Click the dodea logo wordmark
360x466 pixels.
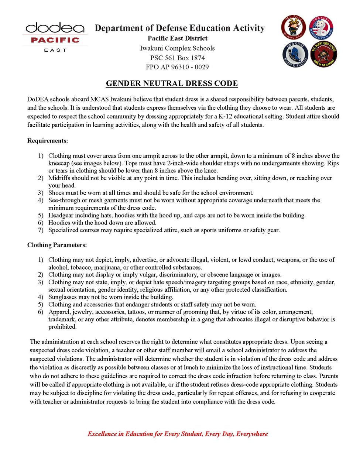pyautogui.click(x=55, y=28)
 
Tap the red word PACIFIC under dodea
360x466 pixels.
pyautogui.click(x=55, y=40)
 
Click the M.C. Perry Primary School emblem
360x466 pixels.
pyautogui.click(x=294, y=27)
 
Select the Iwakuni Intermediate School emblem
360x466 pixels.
pyautogui.click(x=321, y=28)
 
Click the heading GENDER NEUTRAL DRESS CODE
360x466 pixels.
pyautogui.click(x=172, y=83)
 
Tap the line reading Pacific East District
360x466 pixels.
pyautogui.click(x=177, y=38)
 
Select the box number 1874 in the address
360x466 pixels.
pyautogui.click(x=198, y=58)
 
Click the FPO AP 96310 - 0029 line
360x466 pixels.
pyautogui.click(x=177, y=67)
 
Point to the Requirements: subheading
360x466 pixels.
pyautogui.click(x=48, y=141)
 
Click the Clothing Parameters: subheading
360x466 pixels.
pyautogui.click(x=57, y=245)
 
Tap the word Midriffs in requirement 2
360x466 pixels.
pyautogui.click(x=59, y=178)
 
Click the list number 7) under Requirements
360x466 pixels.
pyautogui.click(x=41, y=230)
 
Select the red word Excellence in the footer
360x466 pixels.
pyautogui.click(x=102, y=434)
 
